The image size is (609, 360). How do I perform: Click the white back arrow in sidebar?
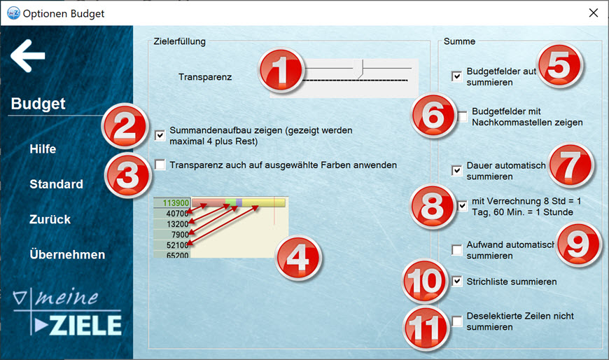click(29, 56)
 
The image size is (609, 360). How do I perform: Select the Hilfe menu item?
click(43, 149)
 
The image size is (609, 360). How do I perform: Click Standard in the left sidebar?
click(56, 184)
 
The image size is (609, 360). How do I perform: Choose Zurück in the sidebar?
click(49, 219)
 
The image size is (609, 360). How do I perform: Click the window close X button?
click(594, 13)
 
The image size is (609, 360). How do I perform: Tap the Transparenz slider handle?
click(360, 69)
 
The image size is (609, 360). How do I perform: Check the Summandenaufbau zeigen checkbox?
click(160, 136)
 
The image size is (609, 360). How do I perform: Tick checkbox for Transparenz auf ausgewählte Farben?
click(160, 165)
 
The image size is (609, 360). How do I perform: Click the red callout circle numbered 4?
click(298, 258)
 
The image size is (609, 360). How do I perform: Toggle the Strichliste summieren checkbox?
click(457, 282)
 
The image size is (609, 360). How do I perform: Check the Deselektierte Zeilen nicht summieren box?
click(457, 321)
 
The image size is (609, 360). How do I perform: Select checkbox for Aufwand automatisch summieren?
click(457, 250)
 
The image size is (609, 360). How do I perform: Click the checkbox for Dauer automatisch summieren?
click(457, 170)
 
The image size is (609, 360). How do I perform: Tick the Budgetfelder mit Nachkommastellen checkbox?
click(463, 116)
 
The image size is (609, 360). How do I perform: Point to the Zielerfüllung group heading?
click(179, 41)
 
